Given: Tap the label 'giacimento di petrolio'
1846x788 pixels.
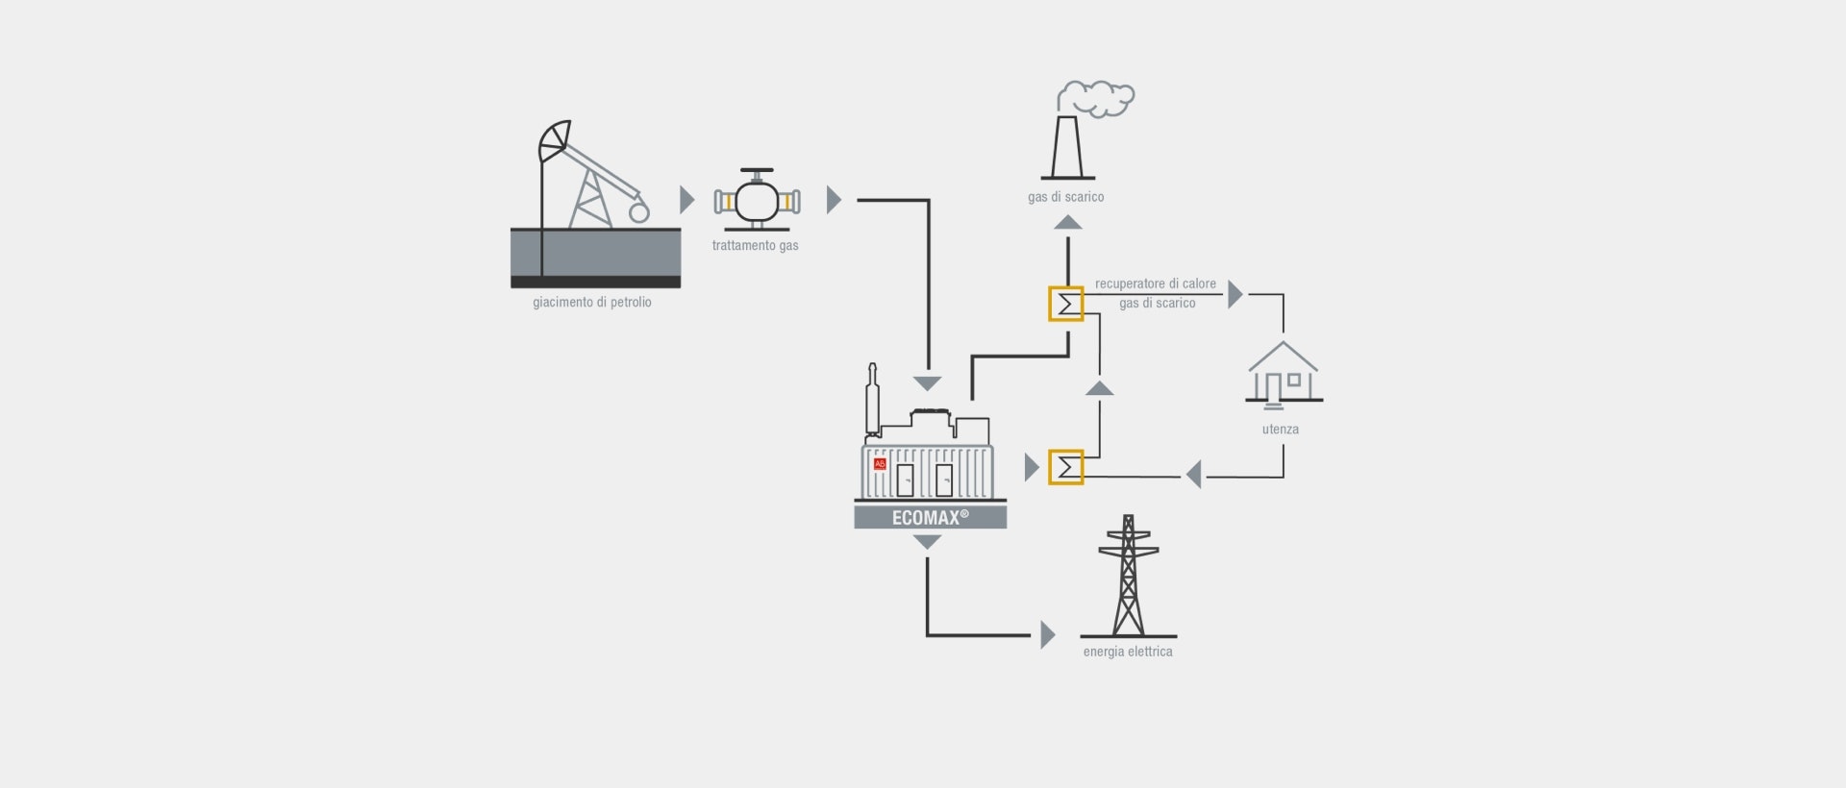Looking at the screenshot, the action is (592, 302).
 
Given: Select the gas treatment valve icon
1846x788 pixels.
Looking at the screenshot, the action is (757, 200).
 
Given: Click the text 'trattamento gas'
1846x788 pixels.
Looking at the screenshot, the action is (755, 245).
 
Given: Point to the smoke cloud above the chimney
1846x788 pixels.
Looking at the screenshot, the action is (1096, 98).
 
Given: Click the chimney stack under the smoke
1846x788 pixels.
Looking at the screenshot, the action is (1067, 148).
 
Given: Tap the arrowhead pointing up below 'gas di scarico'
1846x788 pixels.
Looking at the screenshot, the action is (1068, 222).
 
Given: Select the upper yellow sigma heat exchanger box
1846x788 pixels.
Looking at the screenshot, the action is (1065, 304).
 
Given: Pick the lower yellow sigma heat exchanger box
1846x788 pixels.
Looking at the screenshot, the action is (1065, 467).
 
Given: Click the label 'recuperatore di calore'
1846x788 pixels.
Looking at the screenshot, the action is (1155, 283).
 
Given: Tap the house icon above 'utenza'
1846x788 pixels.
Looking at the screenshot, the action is (1284, 374).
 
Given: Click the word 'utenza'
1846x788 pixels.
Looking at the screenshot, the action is (1280, 429).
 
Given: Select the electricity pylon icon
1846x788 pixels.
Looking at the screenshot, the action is (1129, 576).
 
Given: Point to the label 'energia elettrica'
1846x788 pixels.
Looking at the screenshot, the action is (1128, 652).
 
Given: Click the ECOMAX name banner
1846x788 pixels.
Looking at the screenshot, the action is (931, 517).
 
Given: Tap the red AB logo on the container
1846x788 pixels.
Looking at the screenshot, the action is (880, 464).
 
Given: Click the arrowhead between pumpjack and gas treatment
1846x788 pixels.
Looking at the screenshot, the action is (686, 200).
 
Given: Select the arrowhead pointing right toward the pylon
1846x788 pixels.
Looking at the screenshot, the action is (1048, 635).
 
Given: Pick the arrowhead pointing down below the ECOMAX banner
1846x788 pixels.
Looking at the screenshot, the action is (927, 542).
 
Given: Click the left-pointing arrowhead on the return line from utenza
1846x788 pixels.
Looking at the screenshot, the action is (1194, 474).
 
